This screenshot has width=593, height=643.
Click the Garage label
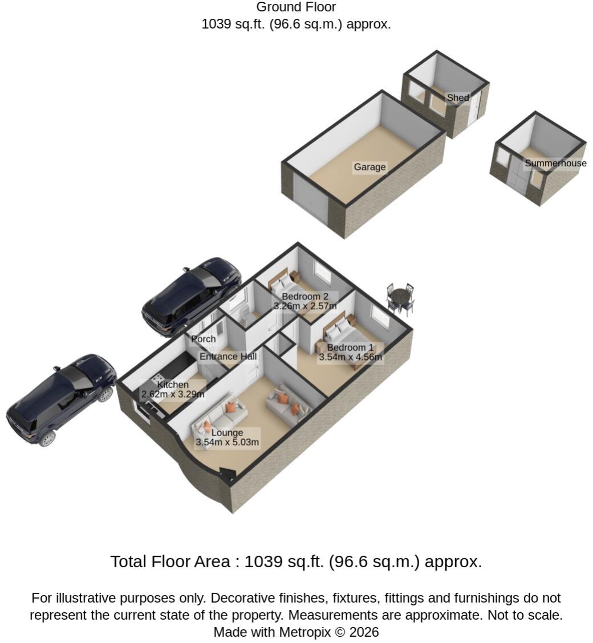coord(369,167)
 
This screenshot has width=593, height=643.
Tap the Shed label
coord(458,97)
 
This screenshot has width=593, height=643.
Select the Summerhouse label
coord(555,163)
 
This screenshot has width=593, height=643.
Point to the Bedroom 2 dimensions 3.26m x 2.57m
coord(305,306)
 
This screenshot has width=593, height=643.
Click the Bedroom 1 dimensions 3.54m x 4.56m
coord(350,357)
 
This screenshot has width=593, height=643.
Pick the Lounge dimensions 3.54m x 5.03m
coord(227,443)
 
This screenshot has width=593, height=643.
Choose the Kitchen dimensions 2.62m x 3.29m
coord(173,395)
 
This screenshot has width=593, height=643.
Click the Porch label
coord(204,339)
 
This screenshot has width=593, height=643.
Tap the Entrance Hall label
coord(228,357)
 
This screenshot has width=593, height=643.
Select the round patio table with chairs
coord(400,299)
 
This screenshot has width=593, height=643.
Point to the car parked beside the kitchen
coord(61,400)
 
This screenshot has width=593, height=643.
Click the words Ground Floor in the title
coord(296,7)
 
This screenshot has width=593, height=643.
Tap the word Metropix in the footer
coord(304,632)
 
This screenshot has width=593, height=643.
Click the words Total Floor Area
coord(170,562)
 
